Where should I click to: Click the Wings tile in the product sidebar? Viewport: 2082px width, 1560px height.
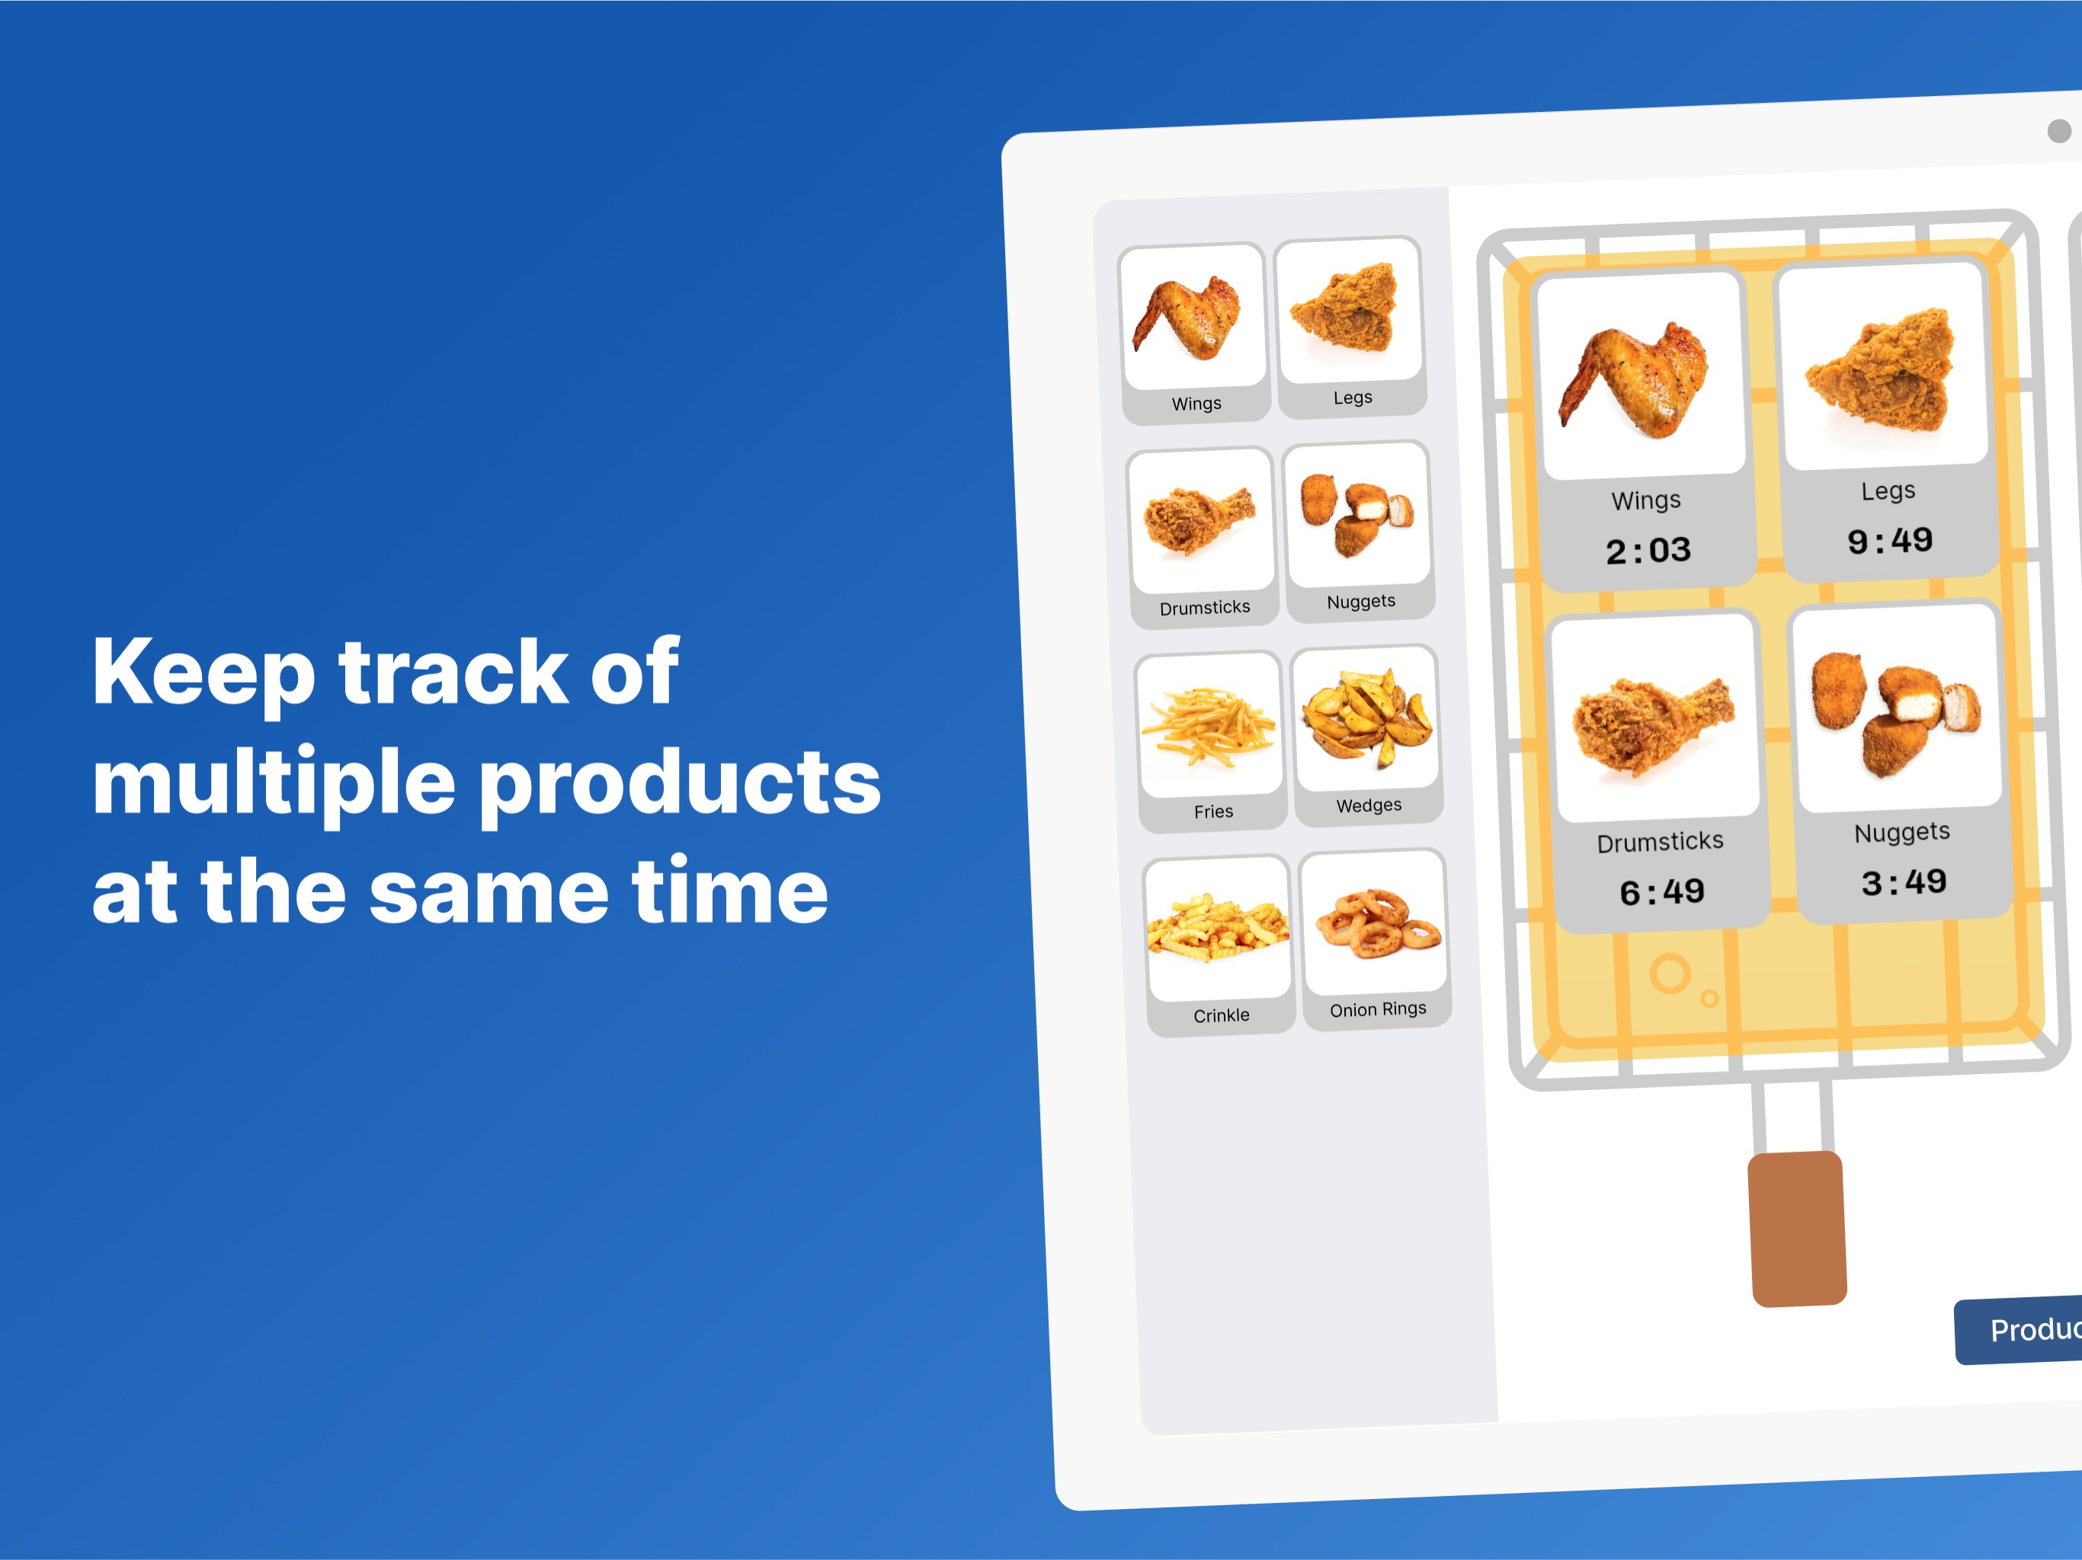pos(1194,333)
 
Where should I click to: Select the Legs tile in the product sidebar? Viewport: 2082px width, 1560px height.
pos(1350,328)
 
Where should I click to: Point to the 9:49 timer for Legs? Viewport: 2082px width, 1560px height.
pos(1890,541)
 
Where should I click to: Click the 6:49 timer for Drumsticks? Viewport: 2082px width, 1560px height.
pos(1662,892)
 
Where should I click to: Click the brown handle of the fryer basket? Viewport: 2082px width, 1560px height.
pos(1797,1229)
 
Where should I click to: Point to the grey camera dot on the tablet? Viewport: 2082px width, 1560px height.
pos(2059,131)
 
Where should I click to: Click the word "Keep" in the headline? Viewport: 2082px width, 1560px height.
pos(204,673)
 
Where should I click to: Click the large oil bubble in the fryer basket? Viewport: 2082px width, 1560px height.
pos(1670,973)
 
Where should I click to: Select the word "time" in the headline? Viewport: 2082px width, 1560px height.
pos(730,890)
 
